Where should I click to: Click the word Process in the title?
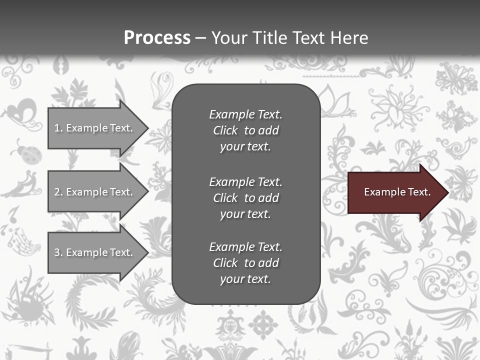(x=157, y=38)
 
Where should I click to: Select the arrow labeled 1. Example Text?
(x=95, y=128)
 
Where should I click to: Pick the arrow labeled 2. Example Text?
(x=95, y=192)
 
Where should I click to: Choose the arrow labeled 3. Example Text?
(x=95, y=252)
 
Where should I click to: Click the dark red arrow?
(x=395, y=192)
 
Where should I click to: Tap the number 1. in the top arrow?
(x=58, y=128)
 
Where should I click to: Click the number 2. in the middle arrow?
(x=58, y=192)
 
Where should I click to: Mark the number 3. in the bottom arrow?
(x=58, y=252)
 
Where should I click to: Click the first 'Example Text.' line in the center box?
(x=245, y=114)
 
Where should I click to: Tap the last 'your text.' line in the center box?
(x=245, y=279)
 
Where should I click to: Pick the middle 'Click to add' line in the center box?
(x=245, y=198)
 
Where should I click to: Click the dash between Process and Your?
(x=200, y=38)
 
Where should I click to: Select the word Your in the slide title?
(x=228, y=38)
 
